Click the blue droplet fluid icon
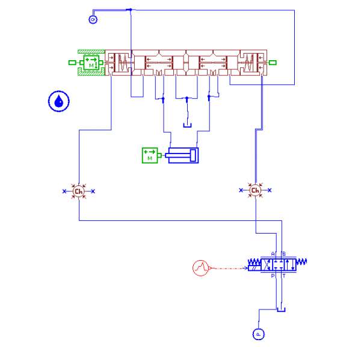click(58, 101)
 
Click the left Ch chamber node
click(78, 191)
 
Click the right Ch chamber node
click(255, 190)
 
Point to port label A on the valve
click(273, 253)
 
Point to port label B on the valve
click(283, 253)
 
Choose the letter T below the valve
click(283, 276)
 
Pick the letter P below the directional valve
click(273, 276)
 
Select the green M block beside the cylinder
click(149, 155)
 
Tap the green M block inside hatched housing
click(91, 62)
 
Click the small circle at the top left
click(93, 19)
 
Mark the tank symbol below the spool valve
click(187, 125)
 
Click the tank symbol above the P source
click(281, 309)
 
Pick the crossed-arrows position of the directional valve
click(265, 264)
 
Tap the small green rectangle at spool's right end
click(273, 62)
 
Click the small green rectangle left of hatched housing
click(72, 62)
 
